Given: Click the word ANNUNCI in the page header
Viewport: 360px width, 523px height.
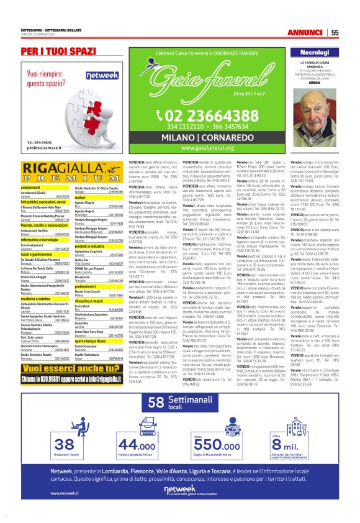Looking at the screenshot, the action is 308,32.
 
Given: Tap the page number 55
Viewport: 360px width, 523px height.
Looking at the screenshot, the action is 335,32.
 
